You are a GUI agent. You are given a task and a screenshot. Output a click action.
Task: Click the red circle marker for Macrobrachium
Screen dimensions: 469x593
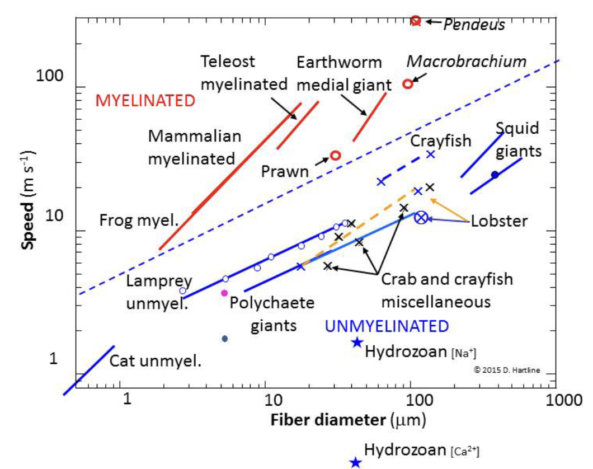408,84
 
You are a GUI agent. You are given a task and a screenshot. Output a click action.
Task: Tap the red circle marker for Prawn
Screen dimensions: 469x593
335,155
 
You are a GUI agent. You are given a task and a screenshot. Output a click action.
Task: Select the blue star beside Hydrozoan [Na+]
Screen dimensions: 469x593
357,343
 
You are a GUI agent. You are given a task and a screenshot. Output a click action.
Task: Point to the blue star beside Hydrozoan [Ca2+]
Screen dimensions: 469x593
355,462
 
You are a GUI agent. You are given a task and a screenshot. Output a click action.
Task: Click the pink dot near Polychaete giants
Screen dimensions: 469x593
224,293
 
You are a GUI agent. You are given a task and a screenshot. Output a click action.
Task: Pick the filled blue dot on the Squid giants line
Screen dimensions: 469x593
495,175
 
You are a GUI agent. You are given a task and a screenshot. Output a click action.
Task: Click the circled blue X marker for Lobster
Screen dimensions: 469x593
421,218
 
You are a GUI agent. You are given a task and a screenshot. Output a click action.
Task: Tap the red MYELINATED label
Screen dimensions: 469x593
145,101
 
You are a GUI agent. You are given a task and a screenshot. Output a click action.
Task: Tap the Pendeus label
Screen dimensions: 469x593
474,25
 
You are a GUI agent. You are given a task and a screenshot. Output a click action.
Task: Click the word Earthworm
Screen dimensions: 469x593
339,63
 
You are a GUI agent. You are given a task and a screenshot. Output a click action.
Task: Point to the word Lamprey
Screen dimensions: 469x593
159,282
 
